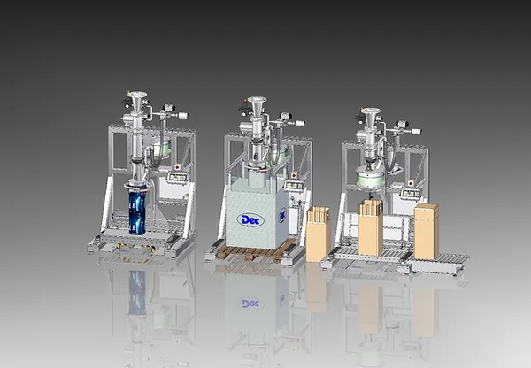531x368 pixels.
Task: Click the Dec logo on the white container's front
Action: click(x=250, y=220)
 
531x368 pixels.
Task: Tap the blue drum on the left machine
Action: click(x=137, y=211)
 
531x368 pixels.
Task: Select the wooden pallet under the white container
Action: click(x=255, y=251)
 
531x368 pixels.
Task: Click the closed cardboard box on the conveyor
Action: click(x=427, y=231)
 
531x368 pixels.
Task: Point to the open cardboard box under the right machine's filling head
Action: click(x=371, y=227)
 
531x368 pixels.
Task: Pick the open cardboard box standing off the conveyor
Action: click(x=319, y=234)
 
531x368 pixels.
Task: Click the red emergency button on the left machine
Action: click(x=177, y=167)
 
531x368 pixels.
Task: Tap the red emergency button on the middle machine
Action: click(x=294, y=175)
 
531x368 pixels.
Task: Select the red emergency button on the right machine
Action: click(x=411, y=183)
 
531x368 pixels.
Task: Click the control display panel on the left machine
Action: click(x=178, y=177)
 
